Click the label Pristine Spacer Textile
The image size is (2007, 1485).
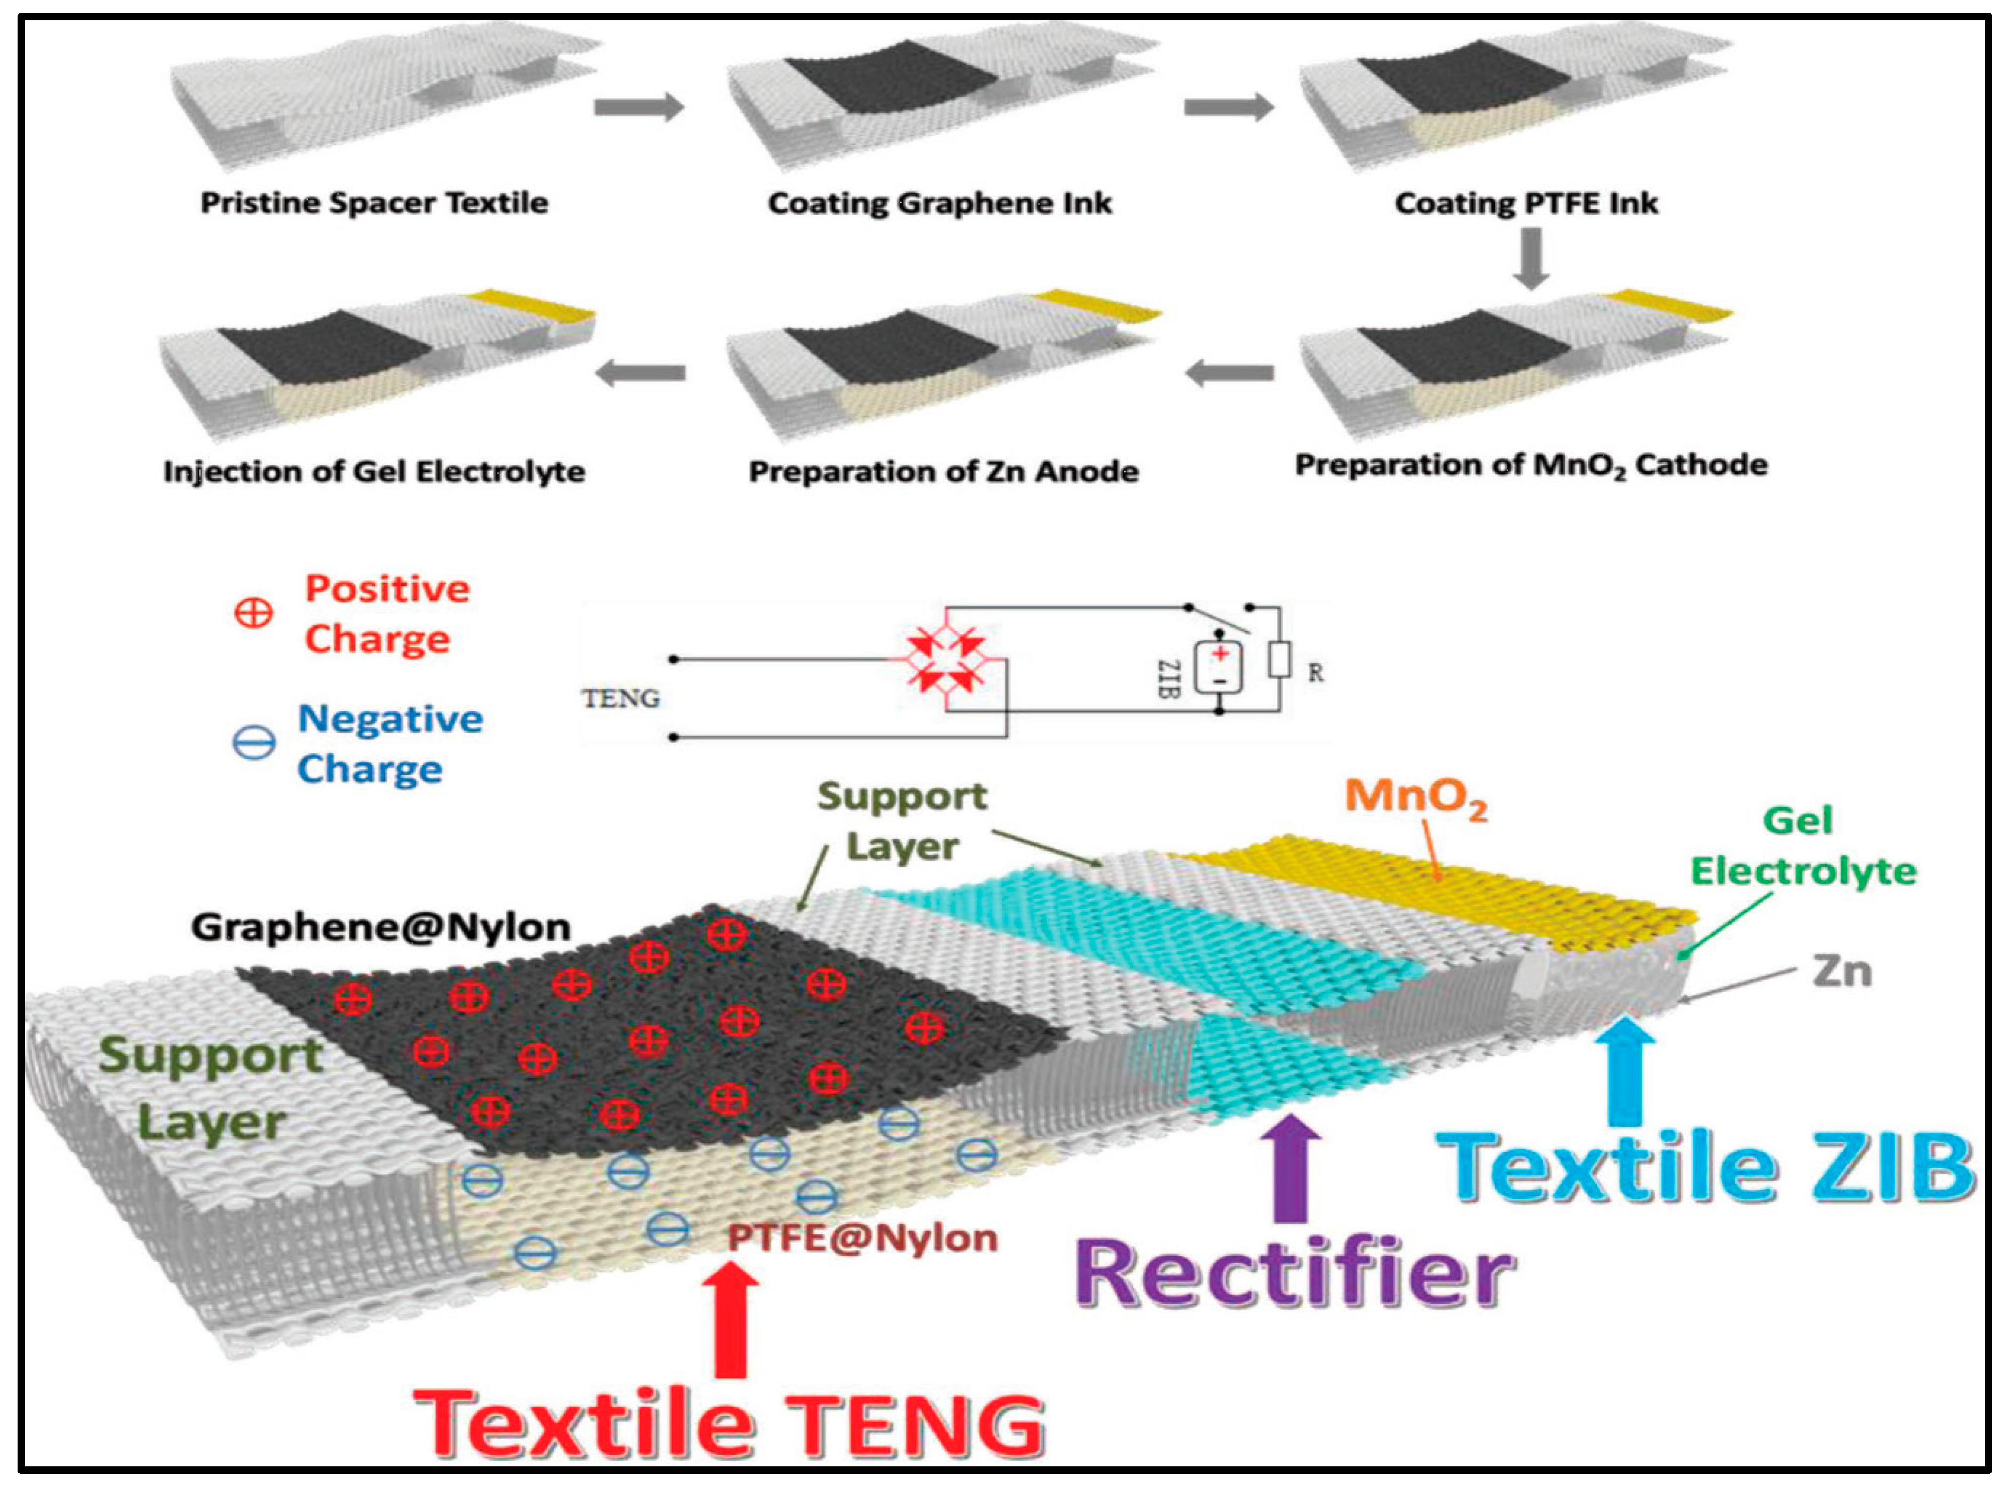[374, 203]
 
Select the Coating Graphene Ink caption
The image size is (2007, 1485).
[940, 203]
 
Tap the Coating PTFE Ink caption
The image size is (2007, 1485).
[1526, 203]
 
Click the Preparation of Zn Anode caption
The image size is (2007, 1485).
[943, 471]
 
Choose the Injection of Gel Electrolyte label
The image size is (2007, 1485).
[374, 471]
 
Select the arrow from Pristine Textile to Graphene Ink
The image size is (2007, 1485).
[638, 108]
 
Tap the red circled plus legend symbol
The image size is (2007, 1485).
[253, 614]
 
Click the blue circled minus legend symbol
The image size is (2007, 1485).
[253, 743]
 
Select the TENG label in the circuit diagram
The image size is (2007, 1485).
[620, 698]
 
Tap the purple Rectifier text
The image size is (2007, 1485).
[1295, 1274]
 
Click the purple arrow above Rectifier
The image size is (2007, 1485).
[1292, 1168]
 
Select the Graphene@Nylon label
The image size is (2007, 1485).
[381, 927]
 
